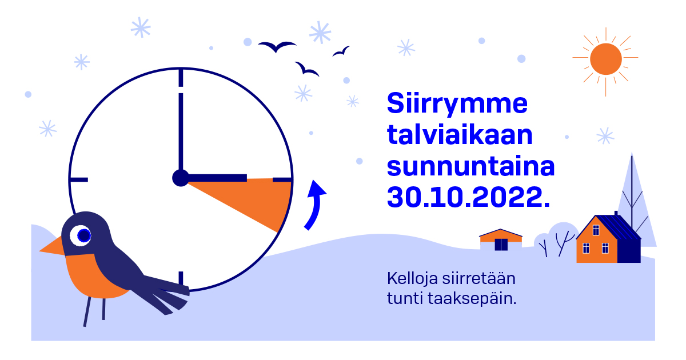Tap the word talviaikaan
tap(460, 135)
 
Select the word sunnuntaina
tap(470, 166)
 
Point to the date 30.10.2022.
tap(468, 197)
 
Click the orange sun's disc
tap(605, 59)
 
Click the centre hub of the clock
tap(181, 178)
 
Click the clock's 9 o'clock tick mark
tap(79, 179)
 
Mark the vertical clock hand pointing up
tap(181, 131)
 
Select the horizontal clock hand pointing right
tap(217, 178)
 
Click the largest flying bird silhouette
tap(277, 46)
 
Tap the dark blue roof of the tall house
tap(616, 227)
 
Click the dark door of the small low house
tap(501, 245)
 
